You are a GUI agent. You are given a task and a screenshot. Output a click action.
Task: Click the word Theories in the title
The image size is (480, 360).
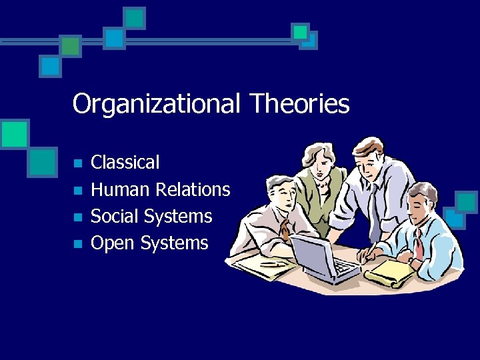299,103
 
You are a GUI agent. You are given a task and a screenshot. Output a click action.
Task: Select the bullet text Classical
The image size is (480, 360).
125,162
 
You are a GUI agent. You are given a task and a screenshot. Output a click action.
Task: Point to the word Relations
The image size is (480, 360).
193,189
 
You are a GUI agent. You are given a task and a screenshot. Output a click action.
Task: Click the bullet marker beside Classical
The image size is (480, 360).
77,163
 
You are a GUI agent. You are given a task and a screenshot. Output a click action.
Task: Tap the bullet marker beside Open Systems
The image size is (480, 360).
77,243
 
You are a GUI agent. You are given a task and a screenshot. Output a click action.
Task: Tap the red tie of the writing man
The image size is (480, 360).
418,245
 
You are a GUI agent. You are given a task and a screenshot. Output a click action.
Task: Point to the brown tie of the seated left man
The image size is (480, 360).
286,230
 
